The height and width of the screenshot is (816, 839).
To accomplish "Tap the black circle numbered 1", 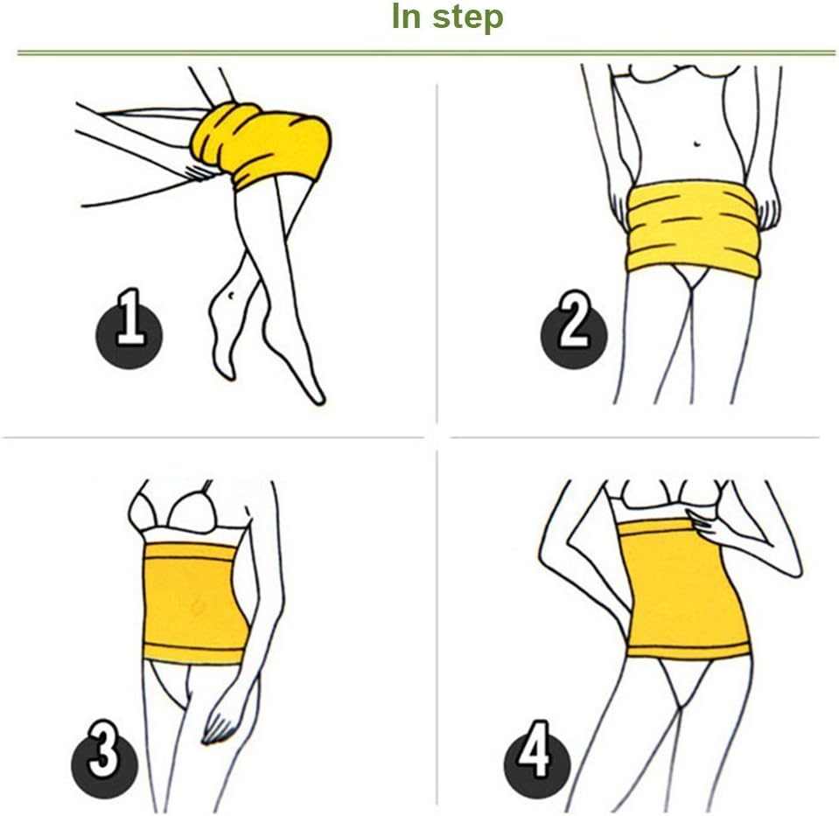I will point(129,333).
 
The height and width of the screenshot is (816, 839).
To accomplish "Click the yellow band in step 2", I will point(692,228).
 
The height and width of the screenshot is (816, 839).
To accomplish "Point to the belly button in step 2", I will point(696,142).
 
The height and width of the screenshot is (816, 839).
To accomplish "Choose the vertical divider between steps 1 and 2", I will point(437,254).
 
